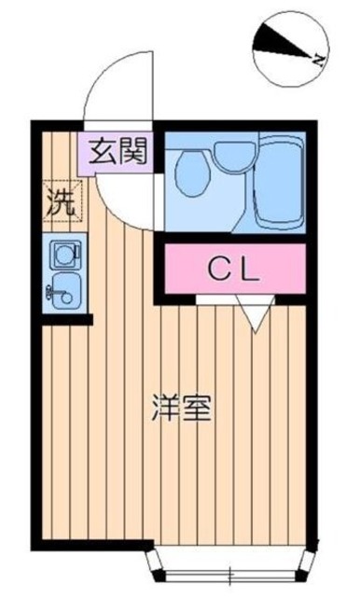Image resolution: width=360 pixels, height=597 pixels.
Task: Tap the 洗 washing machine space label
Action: pos(59,202)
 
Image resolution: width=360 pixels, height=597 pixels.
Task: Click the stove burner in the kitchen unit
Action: pos(64,253)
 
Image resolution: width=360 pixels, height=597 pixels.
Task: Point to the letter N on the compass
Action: pos(319,58)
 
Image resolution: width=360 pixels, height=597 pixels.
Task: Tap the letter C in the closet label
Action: pos(216,271)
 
